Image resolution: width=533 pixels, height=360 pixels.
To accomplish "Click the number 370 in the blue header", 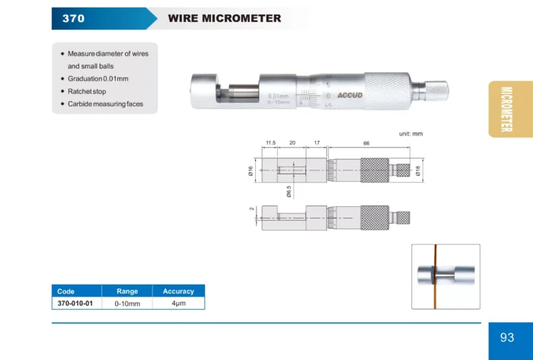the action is pos(73,18).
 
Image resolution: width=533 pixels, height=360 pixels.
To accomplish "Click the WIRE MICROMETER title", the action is pos(225,18).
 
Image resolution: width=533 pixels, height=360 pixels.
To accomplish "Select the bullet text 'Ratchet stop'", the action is pos(87,91).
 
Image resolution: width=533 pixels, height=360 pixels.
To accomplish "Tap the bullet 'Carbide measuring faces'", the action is pos(105,104).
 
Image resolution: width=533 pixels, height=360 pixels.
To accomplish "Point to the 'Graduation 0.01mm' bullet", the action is pos(98,79).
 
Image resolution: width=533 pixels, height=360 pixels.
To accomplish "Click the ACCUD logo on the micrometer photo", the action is pos(349,95).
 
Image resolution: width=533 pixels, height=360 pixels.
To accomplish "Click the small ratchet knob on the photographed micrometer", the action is pos(437,91).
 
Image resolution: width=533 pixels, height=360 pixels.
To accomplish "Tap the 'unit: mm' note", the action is pos(410,134).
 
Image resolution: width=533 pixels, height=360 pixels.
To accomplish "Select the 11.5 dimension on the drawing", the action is pos(270,143).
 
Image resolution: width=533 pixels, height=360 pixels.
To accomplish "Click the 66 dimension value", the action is pos(366,143).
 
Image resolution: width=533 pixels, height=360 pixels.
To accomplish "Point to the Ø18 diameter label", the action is pos(418,170).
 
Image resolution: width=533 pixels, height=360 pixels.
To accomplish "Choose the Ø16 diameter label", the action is pos(251,170).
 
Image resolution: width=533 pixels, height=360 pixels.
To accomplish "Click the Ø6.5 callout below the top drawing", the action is pos(289,192).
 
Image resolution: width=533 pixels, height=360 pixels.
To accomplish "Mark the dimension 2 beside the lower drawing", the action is pos(251,209).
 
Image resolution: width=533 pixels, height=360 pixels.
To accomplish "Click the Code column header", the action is pos(65,292).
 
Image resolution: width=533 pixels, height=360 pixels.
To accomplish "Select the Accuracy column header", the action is pos(178,292).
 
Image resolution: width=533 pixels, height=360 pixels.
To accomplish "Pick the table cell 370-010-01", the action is pos(75,303).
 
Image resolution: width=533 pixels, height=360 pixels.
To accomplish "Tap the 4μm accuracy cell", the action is pos(178,303).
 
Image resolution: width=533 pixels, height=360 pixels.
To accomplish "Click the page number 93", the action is pos(507,337).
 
